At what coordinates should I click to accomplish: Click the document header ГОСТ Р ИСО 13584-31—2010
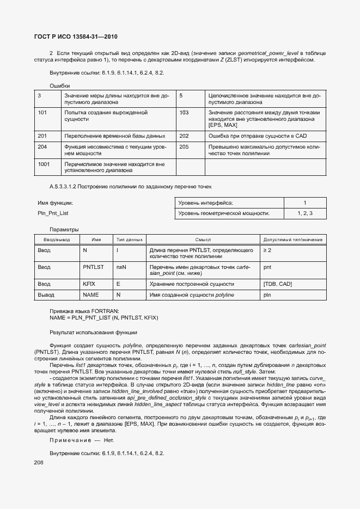[72, 36]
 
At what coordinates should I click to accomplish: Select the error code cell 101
[42, 112]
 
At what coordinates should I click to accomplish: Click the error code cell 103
[184, 112]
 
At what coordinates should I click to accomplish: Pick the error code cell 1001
[44, 164]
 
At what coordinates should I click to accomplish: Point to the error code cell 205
[184, 146]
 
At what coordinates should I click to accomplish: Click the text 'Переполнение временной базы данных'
[114, 136]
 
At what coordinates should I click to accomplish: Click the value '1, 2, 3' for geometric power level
[305, 213]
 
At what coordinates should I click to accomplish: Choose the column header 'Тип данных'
[129, 240]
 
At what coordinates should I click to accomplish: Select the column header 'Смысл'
[203, 240]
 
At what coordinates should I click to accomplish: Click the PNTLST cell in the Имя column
[93, 267]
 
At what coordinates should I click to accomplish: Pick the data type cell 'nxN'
[121, 267]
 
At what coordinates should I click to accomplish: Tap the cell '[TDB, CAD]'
[278, 284]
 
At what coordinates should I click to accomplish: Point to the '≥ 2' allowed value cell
[267, 250]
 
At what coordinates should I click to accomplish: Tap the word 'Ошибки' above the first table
[59, 86]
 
